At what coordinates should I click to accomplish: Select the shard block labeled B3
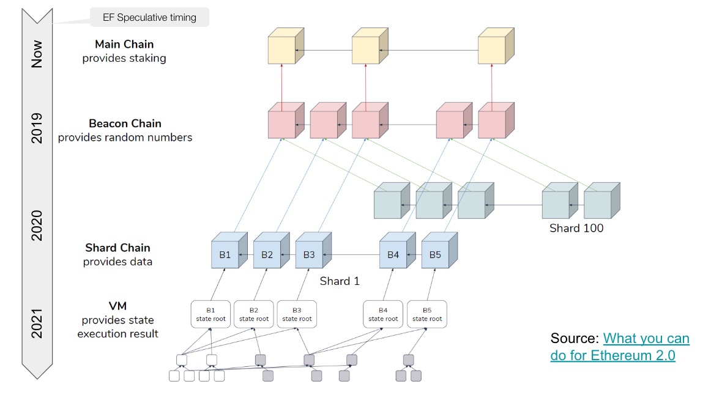click(x=313, y=251)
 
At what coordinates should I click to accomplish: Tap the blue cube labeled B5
click(x=439, y=251)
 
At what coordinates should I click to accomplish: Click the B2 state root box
click(x=254, y=314)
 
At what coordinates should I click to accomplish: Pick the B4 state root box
click(x=383, y=314)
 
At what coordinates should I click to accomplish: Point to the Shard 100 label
click(x=576, y=228)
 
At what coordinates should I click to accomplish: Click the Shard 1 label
click(x=340, y=281)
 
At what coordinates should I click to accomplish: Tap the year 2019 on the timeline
click(x=37, y=128)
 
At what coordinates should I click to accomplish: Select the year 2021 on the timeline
click(x=37, y=323)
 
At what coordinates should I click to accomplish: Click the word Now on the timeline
click(x=37, y=54)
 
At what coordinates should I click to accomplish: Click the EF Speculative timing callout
click(x=150, y=17)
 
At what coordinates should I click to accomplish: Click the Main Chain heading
click(x=124, y=44)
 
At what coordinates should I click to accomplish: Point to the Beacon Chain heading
click(x=125, y=124)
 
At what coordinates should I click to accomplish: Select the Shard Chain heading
click(x=118, y=247)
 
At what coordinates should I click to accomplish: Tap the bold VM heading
click(x=118, y=306)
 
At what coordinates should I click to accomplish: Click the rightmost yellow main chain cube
click(x=496, y=46)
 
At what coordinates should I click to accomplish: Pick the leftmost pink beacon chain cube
click(x=286, y=120)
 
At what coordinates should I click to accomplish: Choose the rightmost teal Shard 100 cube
click(x=601, y=201)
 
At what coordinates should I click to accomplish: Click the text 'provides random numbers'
click(x=125, y=137)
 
